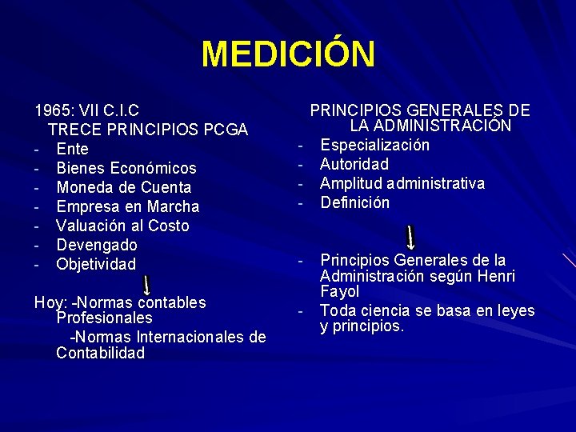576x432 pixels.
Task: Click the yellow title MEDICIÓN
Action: pyautogui.click(x=288, y=54)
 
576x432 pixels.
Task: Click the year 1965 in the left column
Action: pyautogui.click(x=51, y=110)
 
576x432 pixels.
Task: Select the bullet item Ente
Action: pyautogui.click(x=73, y=149)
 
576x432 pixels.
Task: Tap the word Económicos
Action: pyautogui.click(x=154, y=168)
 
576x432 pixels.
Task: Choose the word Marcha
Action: pyautogui.click(x=173, y=206)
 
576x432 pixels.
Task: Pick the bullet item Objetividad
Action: pyautogui.click(x=96, y=264)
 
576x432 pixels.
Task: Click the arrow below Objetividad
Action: pyautogui.click(x=147, y=285)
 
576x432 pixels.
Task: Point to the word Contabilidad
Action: pyautogui.click(x=100, y=353)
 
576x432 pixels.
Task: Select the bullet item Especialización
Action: pyautogui.click(x=374, y=145)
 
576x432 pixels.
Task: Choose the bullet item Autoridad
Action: pyautogui.click(x=354, y=164)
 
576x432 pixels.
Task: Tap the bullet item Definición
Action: pyautogui.click(x=355, y=202)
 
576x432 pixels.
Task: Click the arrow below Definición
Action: pyautogui.click(x=410, y=238)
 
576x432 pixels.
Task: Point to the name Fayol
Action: pyautogui.click(x=339, y=292)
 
